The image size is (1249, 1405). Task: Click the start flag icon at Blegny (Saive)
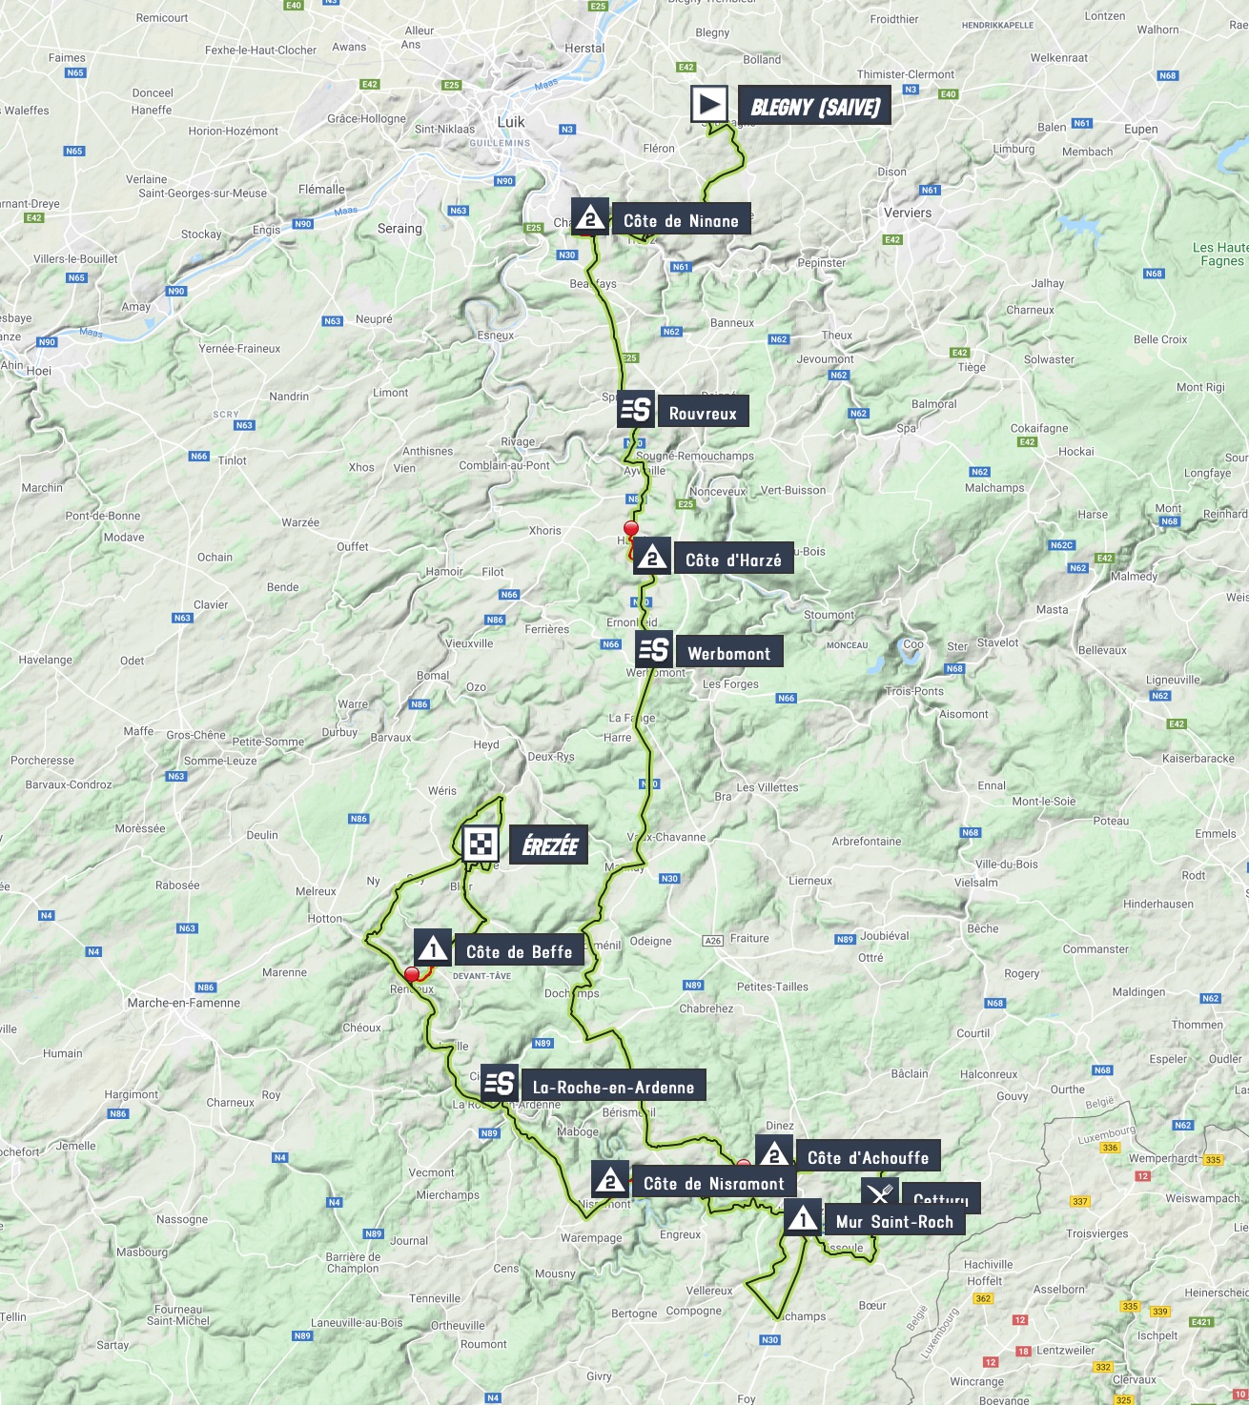tap(708, 105)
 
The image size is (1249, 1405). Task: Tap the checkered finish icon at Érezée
tap(481, 845)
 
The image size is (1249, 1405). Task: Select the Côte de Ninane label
tap(681, 221)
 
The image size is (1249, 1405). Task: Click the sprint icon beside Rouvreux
tap(635, 411)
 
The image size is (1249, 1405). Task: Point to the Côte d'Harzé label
tap(732, 560)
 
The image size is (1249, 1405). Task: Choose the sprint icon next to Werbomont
tap(654, 651)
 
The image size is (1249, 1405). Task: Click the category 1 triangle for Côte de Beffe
tap(433, 949)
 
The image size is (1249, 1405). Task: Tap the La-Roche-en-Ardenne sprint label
tap(612, 1088)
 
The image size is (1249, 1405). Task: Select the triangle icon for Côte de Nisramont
tap(610, 1182)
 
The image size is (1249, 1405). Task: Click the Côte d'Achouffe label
tap(868, 1158)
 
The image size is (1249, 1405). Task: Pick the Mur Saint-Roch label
tap(893, 1222)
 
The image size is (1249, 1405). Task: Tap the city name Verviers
tap(908, 213)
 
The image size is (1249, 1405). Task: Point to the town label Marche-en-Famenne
tap(184, 1003)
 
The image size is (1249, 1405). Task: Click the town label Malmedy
tap(1134, 577)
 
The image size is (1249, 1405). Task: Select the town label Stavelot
tap(997, 642)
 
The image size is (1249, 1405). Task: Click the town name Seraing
tap(399, 229)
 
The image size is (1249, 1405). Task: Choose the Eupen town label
tap(1140, 130)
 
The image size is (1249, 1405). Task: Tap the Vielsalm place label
tap(976, 883)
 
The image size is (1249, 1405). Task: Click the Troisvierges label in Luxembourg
tap(1096, 1233)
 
